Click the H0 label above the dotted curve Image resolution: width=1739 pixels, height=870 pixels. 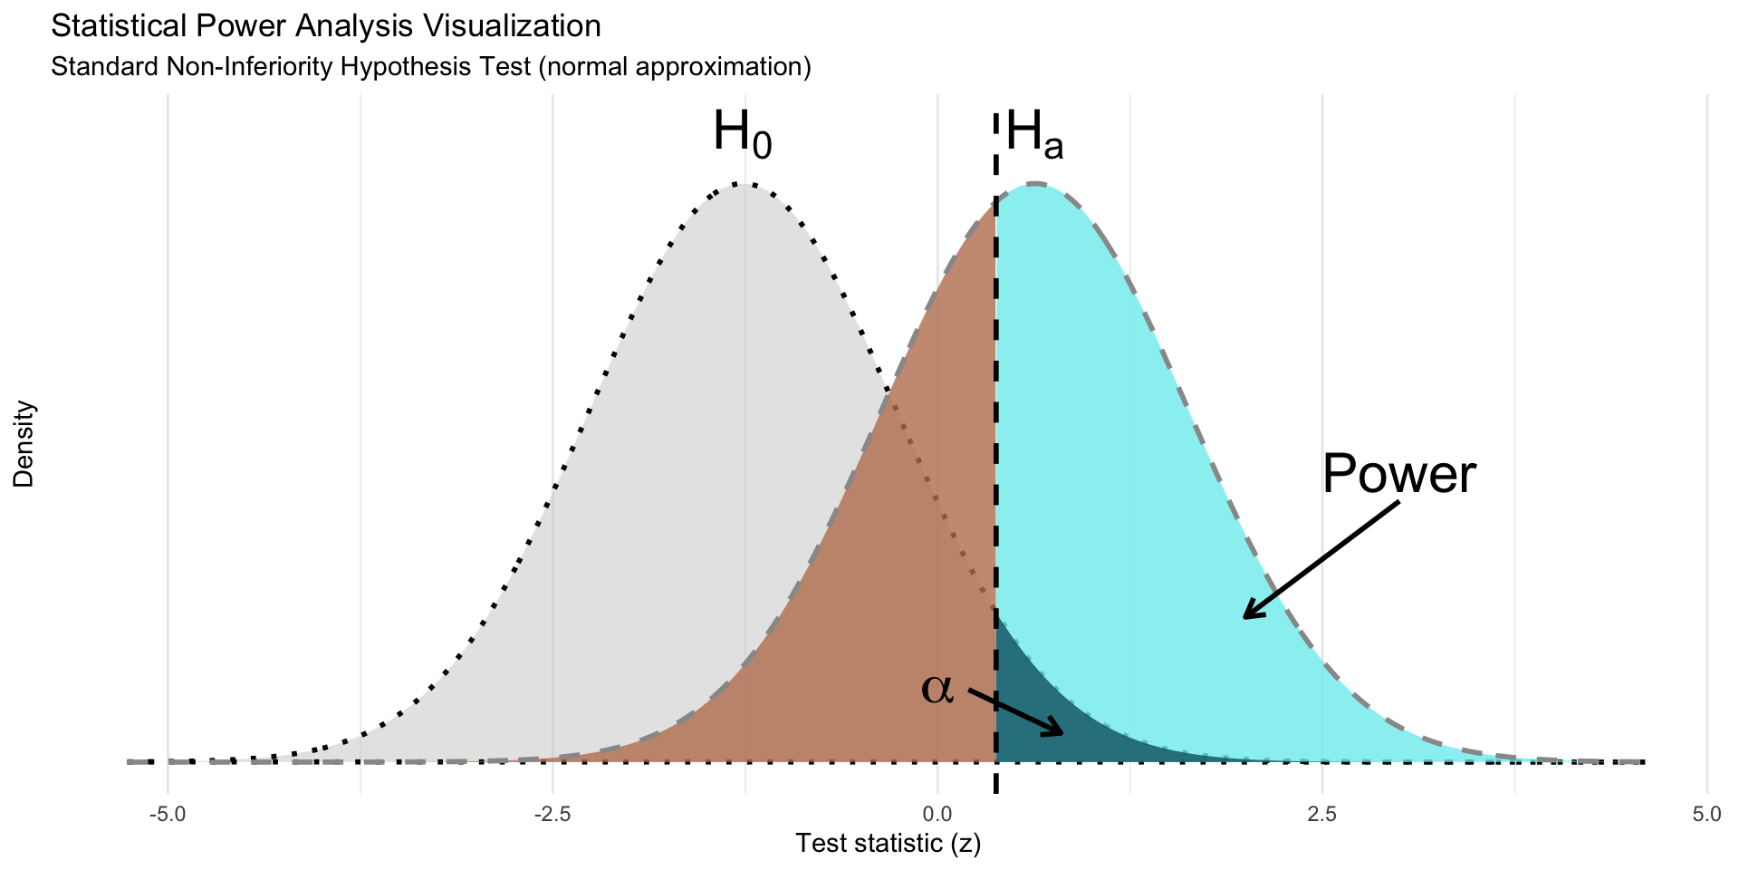coord(742,133)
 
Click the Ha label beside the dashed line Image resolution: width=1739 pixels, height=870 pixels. coord(1034,135)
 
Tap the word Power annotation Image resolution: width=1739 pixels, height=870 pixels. coord(1398,473)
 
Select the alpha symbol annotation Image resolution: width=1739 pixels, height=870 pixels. coord(937,689)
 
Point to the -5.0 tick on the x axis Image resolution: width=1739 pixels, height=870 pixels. coord(168,815)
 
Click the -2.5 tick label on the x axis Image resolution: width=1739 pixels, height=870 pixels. coord(552,815)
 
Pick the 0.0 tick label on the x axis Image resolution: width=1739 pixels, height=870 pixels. coord(937,815)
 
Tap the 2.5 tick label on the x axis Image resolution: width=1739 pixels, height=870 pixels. coord(1322,815)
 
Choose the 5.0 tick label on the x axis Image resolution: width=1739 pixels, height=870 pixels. coord(1707,815)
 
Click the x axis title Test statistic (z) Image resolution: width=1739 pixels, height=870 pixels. coord(888,844)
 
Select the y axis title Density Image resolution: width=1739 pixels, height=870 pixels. coord(24,444)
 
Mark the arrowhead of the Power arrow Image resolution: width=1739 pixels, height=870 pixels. coord(1245,616)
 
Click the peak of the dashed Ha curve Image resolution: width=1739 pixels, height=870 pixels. coord(1034,184)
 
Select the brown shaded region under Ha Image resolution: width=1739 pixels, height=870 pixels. coord(906,589)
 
